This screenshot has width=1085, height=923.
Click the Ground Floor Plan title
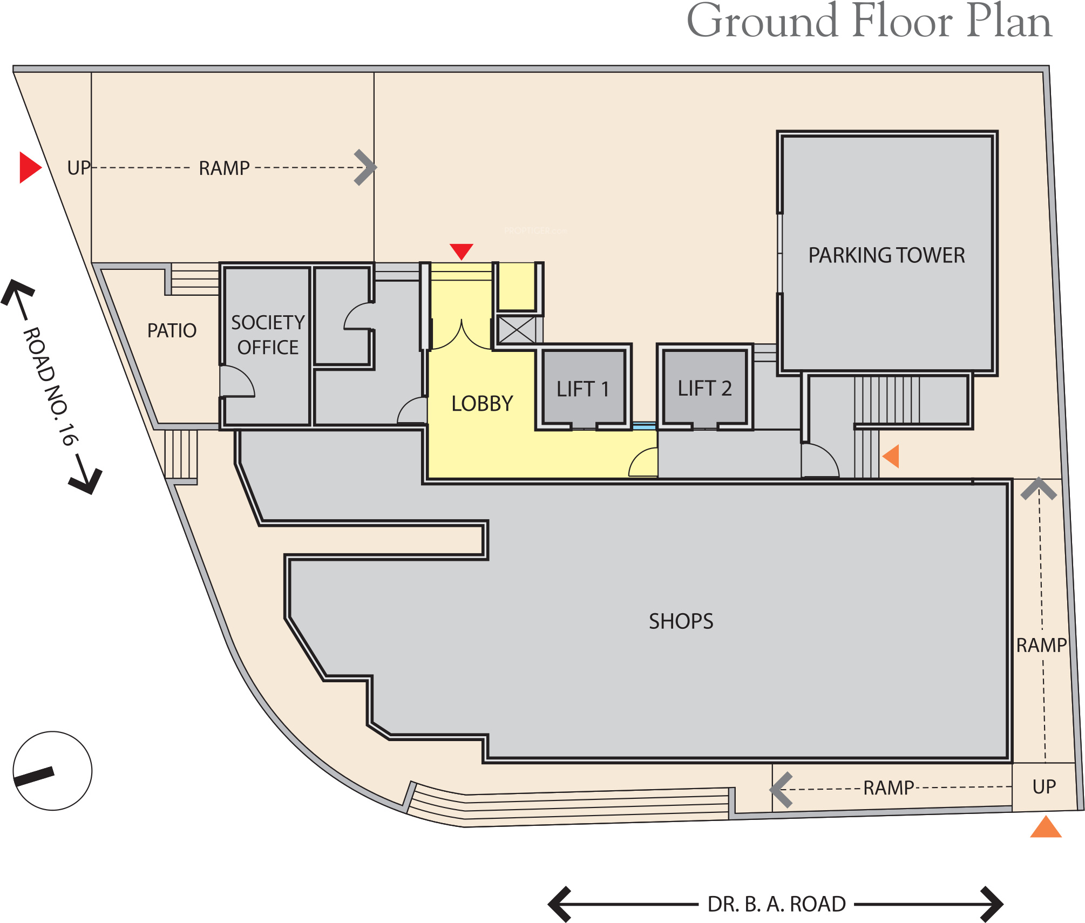coord(869,22)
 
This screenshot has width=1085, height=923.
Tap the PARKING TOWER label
coord(886,255)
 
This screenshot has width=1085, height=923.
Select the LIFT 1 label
coord(583,389)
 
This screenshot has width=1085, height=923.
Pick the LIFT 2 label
coord(705,389)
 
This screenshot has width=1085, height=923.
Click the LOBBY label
coord(482,404)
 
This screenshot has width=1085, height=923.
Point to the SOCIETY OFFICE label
coord(268,335)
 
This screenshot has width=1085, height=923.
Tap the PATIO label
coord(172,330)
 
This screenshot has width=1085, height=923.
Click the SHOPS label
coord(681,622)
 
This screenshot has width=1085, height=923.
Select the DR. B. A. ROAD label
coord(777,904)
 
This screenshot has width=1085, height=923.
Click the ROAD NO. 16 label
coord(51,386)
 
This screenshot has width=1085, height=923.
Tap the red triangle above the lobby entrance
coord(462,252)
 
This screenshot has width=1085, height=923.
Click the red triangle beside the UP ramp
coord(30,167)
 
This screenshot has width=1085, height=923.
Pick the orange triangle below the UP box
coord(1046,827)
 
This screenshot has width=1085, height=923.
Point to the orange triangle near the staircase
coord(891,456)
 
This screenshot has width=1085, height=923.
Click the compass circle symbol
coord(52,771)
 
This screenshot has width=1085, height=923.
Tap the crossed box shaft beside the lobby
coord(517,330)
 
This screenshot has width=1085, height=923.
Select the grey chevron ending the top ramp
coord(365,168)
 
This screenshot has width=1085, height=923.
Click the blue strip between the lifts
coord(644,426)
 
